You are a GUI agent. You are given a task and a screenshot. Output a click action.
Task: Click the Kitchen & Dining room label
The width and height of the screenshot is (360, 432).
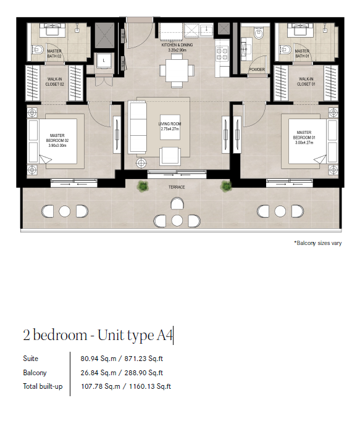pos(177,48)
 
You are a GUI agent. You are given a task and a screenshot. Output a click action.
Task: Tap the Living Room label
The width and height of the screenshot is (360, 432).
pos(170,127)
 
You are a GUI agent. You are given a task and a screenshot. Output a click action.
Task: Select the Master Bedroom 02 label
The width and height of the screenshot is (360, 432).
pos(57,140)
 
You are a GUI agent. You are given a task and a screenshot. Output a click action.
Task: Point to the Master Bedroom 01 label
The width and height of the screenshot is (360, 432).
pos(304,137)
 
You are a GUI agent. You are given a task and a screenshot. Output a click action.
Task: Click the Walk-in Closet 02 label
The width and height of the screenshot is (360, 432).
pos(54,81)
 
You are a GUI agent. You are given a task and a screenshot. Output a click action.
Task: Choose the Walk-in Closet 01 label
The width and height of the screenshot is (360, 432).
pos(306,81)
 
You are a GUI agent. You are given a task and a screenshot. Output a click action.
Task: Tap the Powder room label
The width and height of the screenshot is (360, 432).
pos(257,69)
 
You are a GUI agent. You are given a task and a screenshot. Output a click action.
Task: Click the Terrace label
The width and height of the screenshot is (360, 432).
pos(177,187)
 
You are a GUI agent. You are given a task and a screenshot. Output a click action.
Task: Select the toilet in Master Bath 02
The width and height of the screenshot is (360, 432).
pos(38,50)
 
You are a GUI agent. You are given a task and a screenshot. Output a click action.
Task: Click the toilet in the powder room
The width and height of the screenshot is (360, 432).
pos(258,33)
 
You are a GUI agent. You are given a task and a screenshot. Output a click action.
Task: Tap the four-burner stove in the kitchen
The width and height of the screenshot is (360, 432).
pos(222,54)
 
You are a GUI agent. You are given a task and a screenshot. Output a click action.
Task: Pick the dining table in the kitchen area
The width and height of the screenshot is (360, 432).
pos(177,70)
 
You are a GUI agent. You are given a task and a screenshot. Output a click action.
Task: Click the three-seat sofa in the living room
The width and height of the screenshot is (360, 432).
pos(138,127)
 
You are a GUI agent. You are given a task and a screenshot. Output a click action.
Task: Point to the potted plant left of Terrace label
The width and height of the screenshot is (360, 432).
pos(143,186)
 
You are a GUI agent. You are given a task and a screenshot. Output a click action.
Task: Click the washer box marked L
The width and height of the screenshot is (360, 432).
pos(104,60)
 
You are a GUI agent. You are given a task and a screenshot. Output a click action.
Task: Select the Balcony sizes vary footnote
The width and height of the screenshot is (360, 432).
pos(318,243)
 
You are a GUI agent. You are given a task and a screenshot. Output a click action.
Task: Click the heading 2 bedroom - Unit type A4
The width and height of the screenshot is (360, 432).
pos(98,335)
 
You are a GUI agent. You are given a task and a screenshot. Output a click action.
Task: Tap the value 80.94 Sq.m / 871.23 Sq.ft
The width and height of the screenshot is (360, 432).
pos(122,359)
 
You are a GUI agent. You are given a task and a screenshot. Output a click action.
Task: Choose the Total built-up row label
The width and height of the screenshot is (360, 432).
pos(43,386)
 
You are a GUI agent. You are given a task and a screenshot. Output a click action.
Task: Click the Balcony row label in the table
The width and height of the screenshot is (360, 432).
pos(35,373)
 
